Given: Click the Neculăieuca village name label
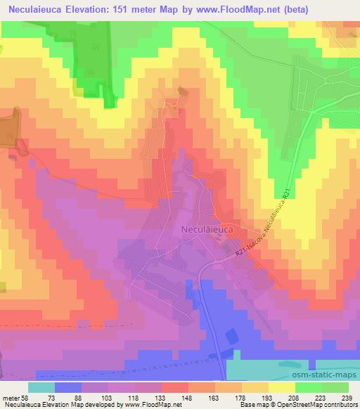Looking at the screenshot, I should coord(207,229).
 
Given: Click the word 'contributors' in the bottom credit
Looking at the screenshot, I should coord(335,404).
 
